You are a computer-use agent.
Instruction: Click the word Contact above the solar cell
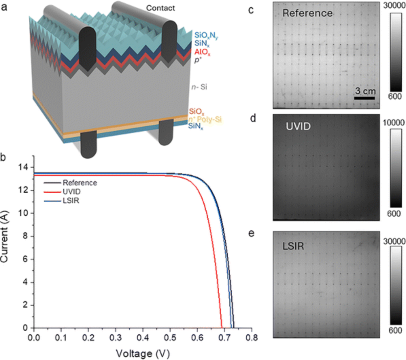click(160, 8)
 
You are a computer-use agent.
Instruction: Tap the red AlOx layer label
click(202, 52)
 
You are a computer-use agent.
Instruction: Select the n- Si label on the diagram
click(199, 87)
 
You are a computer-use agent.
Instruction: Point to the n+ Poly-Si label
click(205, 119)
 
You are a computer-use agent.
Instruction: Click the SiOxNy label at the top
click(206, 35)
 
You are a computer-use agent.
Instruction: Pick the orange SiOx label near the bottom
click(197, 112)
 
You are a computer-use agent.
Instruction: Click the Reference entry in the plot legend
click(80, 183)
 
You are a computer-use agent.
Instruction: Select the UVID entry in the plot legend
click(71, 192)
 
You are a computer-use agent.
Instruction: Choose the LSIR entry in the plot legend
click(71, 201)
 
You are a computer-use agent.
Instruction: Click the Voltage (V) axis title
click(143, 354)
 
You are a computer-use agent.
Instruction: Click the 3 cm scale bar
click(365, 98)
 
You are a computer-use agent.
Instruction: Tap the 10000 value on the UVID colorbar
click(393, 123)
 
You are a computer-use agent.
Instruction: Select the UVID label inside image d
click(298, 126)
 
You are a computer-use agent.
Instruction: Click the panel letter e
click(251, 233)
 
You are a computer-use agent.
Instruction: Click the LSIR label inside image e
click(293, 246)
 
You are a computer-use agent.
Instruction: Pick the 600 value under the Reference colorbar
click(395, 96)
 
